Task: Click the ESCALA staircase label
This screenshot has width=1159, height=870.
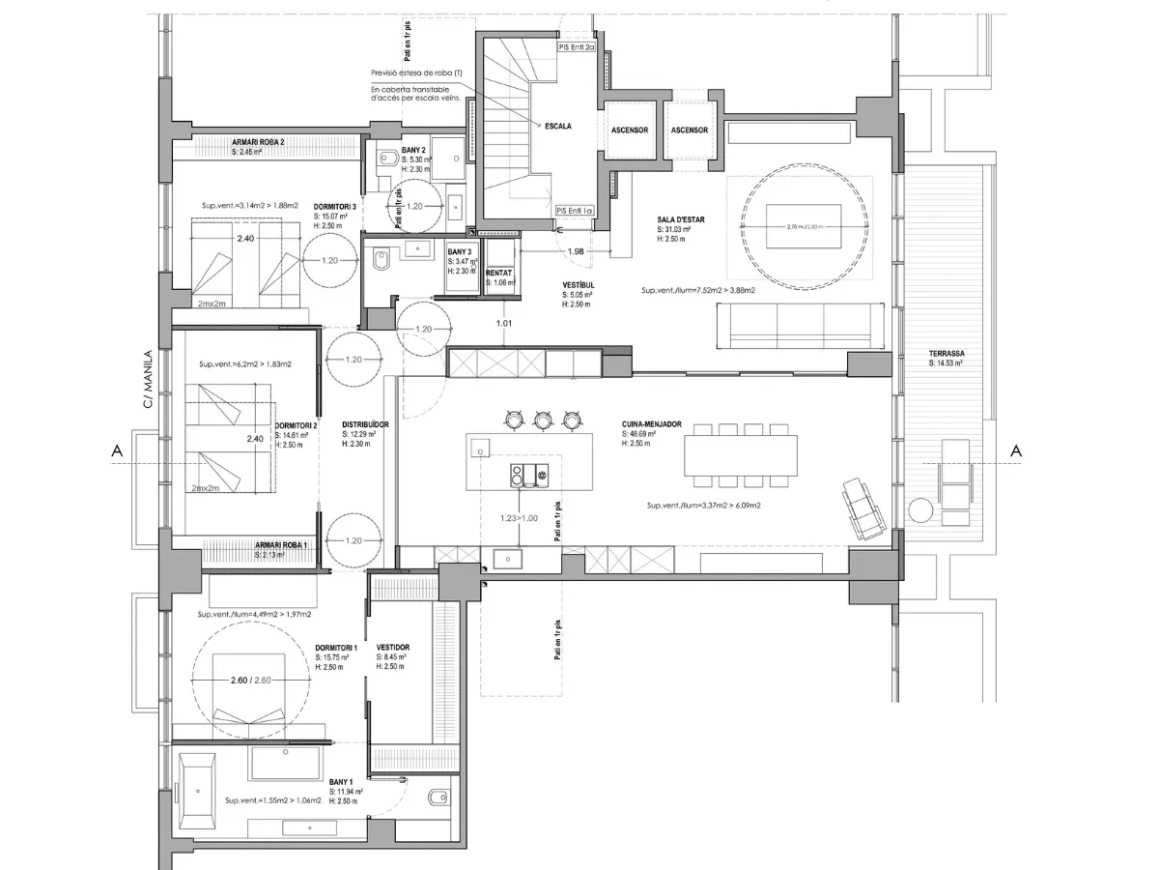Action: point(558,127)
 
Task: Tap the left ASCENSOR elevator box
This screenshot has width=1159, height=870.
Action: point(630,130)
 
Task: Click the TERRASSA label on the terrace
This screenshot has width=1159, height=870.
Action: point(946,354)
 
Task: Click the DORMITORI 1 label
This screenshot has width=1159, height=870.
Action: point(336,648)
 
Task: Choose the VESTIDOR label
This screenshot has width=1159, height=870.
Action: point(393,648)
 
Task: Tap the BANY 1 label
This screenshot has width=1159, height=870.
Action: point(341,781)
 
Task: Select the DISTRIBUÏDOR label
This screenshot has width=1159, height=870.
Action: point(365,424)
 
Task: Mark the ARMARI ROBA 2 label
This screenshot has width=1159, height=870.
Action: point(258,142)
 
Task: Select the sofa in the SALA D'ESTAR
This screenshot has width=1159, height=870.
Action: point(802,325)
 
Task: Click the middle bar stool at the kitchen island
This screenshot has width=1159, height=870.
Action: point(543,419)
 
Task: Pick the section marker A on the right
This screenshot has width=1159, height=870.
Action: point(1015,450)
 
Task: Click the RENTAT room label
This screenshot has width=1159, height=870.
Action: point(499,273)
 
